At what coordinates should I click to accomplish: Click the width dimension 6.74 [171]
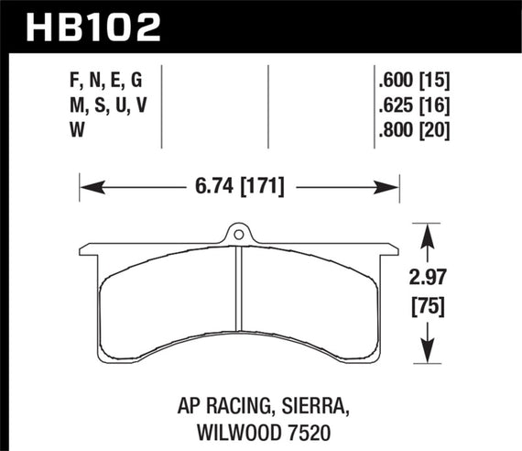[239, 188]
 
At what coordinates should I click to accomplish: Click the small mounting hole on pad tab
[238, 235]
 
